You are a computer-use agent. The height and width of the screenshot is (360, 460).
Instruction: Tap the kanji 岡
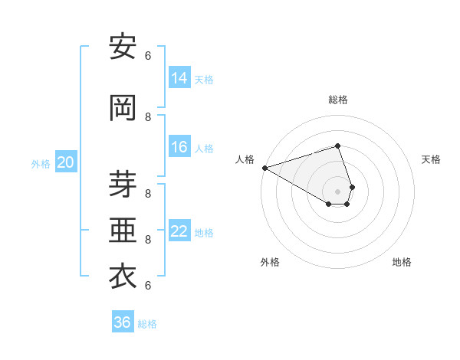coord(123,107)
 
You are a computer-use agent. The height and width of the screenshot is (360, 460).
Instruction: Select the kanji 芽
coord(123,182)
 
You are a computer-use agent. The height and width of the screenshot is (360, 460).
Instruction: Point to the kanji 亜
coord(123,230)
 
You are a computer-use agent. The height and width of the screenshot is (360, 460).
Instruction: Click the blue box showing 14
coord(179,78)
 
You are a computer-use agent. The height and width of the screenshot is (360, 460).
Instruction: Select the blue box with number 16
coord(179,148)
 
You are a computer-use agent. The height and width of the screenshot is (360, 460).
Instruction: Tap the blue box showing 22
coord(179,232)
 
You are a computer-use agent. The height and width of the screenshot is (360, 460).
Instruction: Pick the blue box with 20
coord(66,162)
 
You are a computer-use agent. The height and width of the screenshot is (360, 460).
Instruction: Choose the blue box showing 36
coord(123,322)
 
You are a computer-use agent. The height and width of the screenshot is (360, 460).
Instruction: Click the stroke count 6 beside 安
coord(148,55)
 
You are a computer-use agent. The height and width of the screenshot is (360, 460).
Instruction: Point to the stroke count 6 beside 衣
coord(148,285)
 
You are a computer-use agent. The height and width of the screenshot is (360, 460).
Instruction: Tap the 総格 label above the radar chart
coord(338,100)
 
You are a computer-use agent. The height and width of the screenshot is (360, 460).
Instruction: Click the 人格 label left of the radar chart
coord(245,159)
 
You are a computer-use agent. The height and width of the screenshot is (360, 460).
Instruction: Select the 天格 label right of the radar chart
coord(432,159)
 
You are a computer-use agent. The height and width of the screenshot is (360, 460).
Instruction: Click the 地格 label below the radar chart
coord(402,262)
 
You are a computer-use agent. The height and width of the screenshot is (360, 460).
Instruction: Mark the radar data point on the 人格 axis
coord(264,168)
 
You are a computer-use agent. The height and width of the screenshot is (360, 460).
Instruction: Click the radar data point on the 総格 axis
coord(338,146)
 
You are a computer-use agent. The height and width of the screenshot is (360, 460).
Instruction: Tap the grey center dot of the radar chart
coord(338,191)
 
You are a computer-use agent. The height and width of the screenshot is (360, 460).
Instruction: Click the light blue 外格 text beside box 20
coord(40,163)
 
